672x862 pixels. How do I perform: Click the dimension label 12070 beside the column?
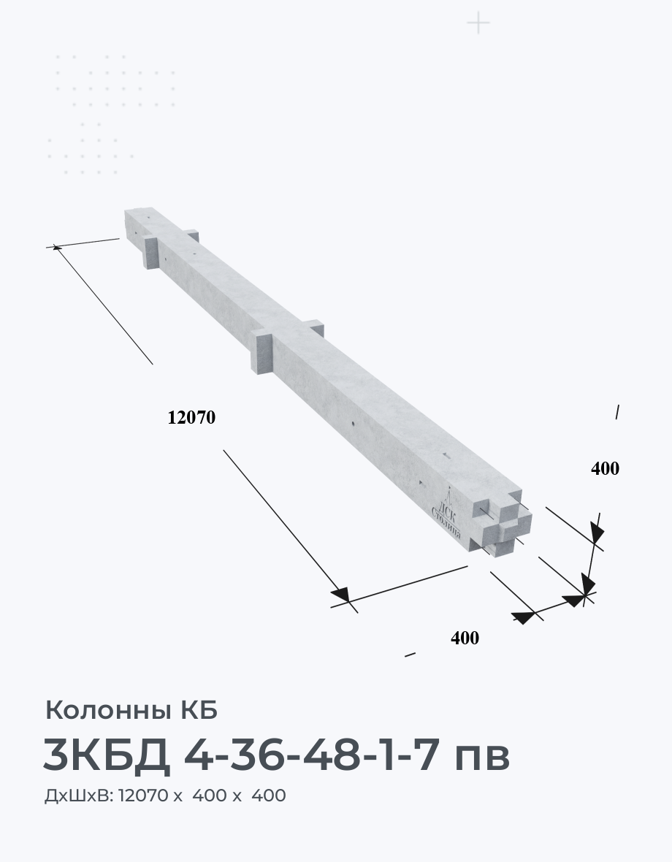point(191,418)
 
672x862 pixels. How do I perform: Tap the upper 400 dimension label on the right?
point(605,468)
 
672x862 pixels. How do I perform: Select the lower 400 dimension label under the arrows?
point(465,638)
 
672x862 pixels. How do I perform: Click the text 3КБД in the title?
point(106,755)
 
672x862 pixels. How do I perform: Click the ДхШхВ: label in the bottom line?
point(79,796)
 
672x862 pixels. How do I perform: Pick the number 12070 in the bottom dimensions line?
point(143,796)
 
